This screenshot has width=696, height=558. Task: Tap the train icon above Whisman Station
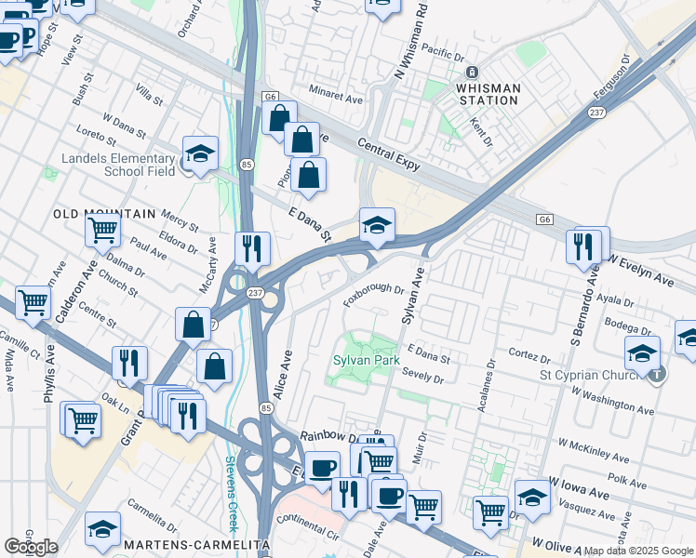(x=472, y=72)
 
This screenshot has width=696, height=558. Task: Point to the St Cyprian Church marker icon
(x=658, y=374)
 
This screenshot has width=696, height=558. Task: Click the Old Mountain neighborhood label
(x=104, y=214)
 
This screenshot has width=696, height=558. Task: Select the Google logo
(x=31, y=546)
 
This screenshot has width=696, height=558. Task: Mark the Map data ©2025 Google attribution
(x=639, y=551)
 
